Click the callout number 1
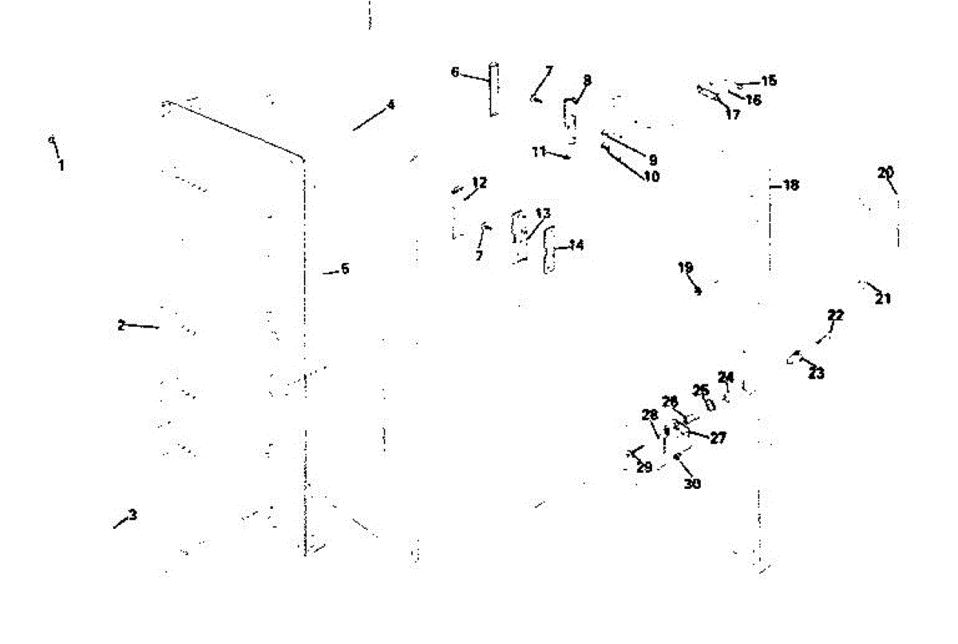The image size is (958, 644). pyautogui.click(x=61, y=166)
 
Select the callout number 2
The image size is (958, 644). pyautogui.click(x=121, y=325)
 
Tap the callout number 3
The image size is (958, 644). pyautogui.click(x=133, y=515)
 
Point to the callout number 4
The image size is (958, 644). pyautogui.click(x=390, y=105)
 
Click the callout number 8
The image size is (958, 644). pyautogui.click(x=588, y=80)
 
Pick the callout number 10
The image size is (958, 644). pyautogui.click(x=651, y=177)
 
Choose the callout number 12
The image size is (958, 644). pyautogui.click(x=479, y=183)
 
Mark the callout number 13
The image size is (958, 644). pyautogui.click(x=543, y=213)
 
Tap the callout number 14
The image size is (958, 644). pyautogui.click(x=576, y=244)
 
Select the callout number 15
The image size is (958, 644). pyautogui.click(x=769, y=81)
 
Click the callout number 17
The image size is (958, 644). pyautogui.click(x=732, y=114)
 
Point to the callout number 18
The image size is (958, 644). pyautogui.click(x=790, y=185)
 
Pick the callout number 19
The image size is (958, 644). pyautogui.click(x=686, y=268)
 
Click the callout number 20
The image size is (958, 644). pyautogui.click(x=885, y=172)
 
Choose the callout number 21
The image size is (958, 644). pyautogui.click(x=883, y=299)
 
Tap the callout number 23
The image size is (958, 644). pyautogui.click(x=816, y=373)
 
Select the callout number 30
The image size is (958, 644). pyautogui.click(x=692, y=483)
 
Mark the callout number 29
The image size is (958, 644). pyautogui.click(x=644, y=467)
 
